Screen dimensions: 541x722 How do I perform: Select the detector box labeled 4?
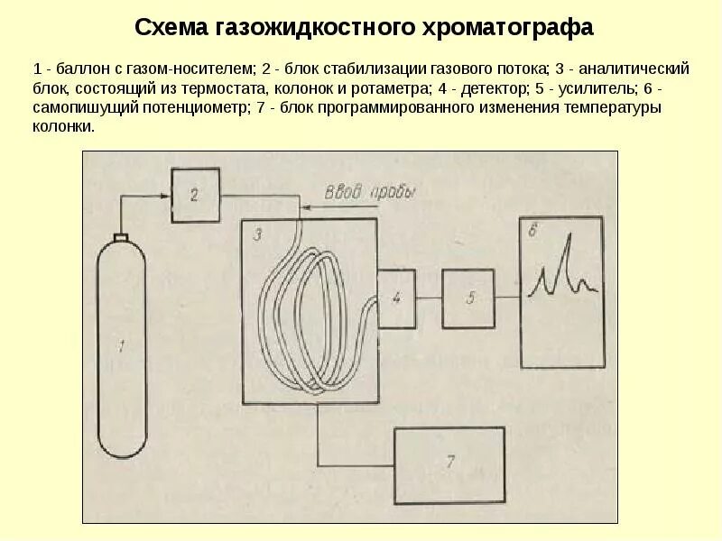coord(396,298)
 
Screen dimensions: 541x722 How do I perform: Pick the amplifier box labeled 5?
coord(468,298)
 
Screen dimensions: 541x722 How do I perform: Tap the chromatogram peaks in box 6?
coord(564,270)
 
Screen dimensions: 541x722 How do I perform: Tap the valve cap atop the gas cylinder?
coord(120,237)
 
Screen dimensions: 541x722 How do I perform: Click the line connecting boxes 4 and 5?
coord(428,298)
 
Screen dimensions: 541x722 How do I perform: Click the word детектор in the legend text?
coord(492,88)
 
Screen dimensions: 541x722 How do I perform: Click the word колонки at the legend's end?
coord(62,126)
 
